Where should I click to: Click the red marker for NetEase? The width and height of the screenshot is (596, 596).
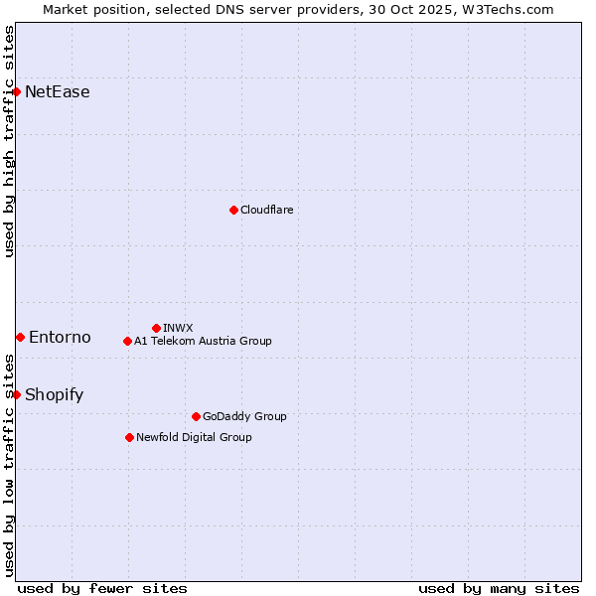tap(16, 92)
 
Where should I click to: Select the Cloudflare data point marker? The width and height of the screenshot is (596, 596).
tap(233, 210)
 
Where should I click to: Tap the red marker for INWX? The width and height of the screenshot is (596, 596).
tap(156, 328)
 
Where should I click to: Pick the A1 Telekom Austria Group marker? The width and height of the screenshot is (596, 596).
tap(127, 341)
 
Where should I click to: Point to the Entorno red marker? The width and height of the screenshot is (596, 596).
tap(20, 338)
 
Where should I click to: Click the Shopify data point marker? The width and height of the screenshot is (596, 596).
tap(16, 394)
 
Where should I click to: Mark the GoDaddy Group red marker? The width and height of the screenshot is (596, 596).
tap(196, 416)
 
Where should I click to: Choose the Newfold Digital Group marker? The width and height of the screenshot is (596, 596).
tap(129, 437)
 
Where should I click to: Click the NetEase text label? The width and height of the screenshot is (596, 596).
tap(58, 92)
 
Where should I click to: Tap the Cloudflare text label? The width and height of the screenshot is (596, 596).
tap(266, 210)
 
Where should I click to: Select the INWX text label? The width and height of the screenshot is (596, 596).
tap(178, 328)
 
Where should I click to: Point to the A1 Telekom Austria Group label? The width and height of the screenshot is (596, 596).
tap(203, 341)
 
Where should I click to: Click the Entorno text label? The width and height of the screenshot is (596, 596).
tap(60, 338)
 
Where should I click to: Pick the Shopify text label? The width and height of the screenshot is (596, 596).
tap(54, 394)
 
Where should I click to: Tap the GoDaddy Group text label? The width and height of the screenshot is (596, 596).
tap(243, 416)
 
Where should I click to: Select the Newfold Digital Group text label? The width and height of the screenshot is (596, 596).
tap(194, 437)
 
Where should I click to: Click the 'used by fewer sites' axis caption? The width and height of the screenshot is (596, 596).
tap(102, 588)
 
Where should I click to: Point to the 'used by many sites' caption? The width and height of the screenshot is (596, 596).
tap(499, 588)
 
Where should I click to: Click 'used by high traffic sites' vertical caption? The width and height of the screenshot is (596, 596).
tap(10, 141)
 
